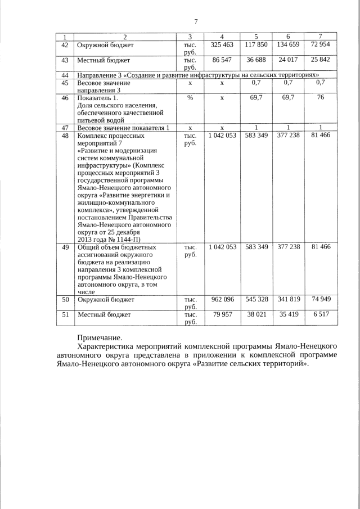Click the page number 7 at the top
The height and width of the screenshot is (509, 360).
tap(196, 22)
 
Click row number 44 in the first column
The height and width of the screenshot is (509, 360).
tap(65, 75)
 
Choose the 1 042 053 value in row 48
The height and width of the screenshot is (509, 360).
tap(222, 136)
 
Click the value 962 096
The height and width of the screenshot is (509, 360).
tap(222, 300)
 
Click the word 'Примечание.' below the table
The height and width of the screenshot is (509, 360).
tap(99, 338)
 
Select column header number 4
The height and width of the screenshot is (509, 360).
tap(222, 37)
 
